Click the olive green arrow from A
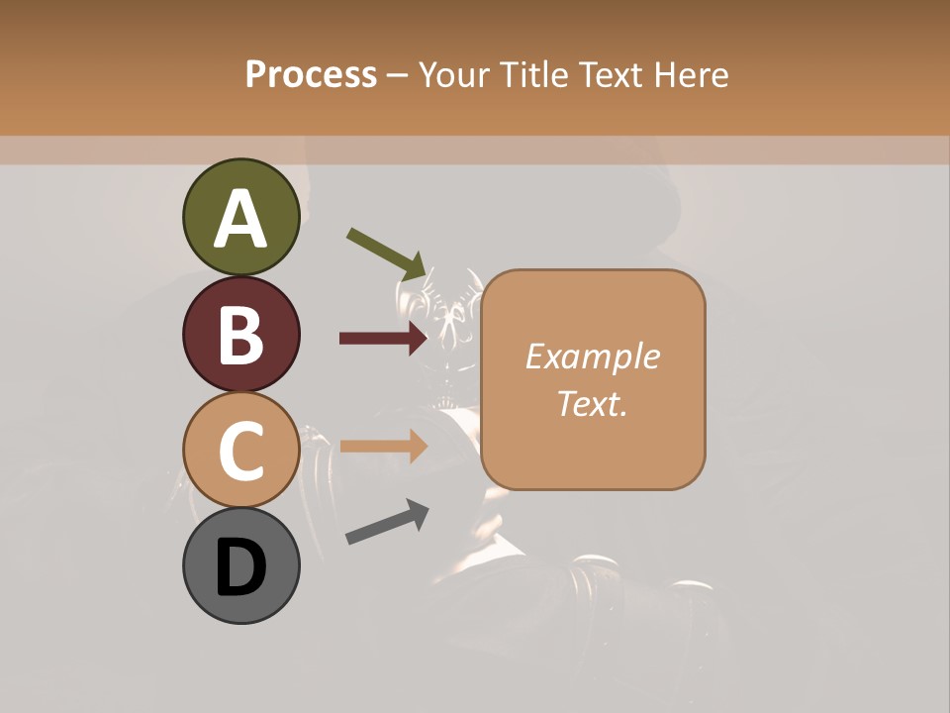click(387, 254)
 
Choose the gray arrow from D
click(387, 522)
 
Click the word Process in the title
click(311, 75)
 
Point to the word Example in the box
click(592, 356)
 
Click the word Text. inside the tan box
click(592, 403)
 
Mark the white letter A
click(240, 220)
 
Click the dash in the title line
click(398, 75)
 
